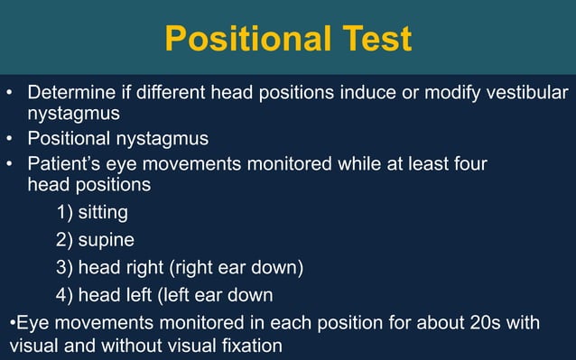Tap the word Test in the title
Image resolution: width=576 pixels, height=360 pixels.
coord(374,39)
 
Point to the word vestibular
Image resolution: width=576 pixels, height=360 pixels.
coord(525,93)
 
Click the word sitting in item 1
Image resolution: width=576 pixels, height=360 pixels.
coord(103,213)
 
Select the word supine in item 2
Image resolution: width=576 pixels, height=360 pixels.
coord(107,241)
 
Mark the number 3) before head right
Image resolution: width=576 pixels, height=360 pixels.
coord(64,268)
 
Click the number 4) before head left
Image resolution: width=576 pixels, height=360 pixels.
coord(64,295)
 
